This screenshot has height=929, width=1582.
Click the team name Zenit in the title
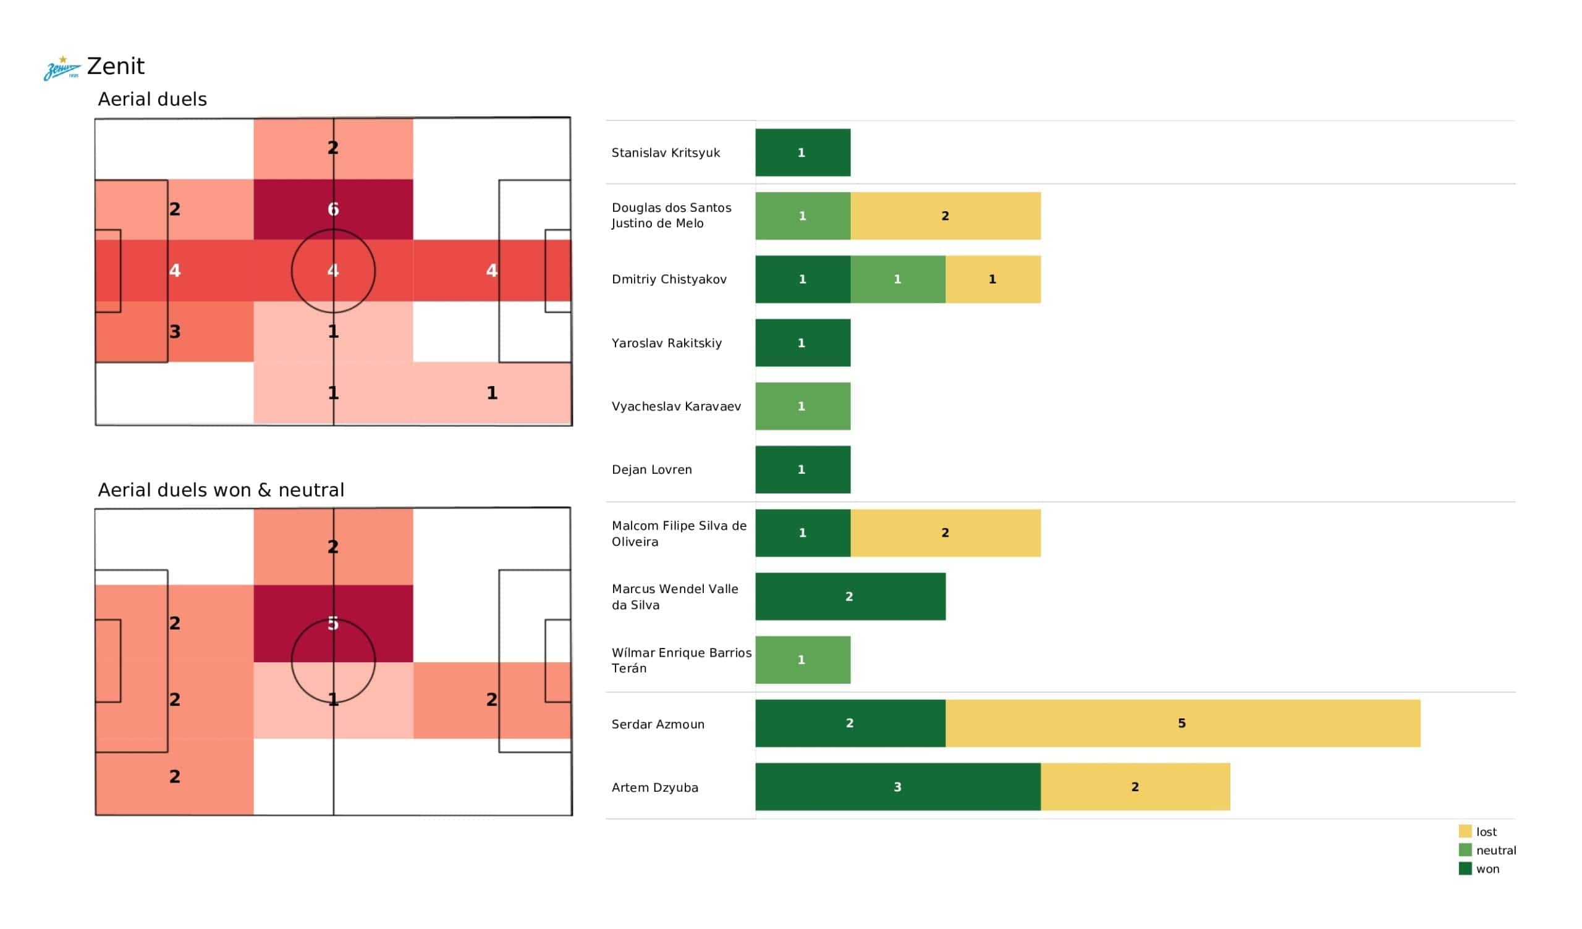[x=116, y=67]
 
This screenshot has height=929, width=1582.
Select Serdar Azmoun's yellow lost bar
[x=1182, y=723]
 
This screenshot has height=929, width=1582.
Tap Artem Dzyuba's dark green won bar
[x=897, y=786]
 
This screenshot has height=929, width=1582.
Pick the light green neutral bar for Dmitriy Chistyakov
[x=898, y=279]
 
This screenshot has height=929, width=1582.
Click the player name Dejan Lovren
[x=651, y=469]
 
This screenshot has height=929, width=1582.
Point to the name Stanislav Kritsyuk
[x=666, y=153]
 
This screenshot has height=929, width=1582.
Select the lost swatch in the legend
[x=1465, y=831]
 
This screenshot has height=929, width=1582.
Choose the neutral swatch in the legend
[x=1465, y=850]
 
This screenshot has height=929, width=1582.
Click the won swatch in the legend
[x=1465, y=868]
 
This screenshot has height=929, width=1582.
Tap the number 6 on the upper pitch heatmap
[x=333, y=209]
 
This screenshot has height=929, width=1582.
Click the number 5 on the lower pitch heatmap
[x=333, y=623]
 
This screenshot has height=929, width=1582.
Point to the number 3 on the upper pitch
[x=175, y=332]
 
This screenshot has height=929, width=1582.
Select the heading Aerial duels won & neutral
[x=221, y=490]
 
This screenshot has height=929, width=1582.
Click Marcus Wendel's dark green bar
[x=850, y=596]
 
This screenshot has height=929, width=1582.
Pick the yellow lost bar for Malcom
[x=945, y=533]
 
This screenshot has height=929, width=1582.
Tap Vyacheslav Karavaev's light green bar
[x=802, y=406]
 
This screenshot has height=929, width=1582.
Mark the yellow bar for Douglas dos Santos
[x=945, y=216]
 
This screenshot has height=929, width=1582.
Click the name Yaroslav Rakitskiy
[x=666, y=343]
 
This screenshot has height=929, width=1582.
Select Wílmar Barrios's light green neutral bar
[x=802, y=660]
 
